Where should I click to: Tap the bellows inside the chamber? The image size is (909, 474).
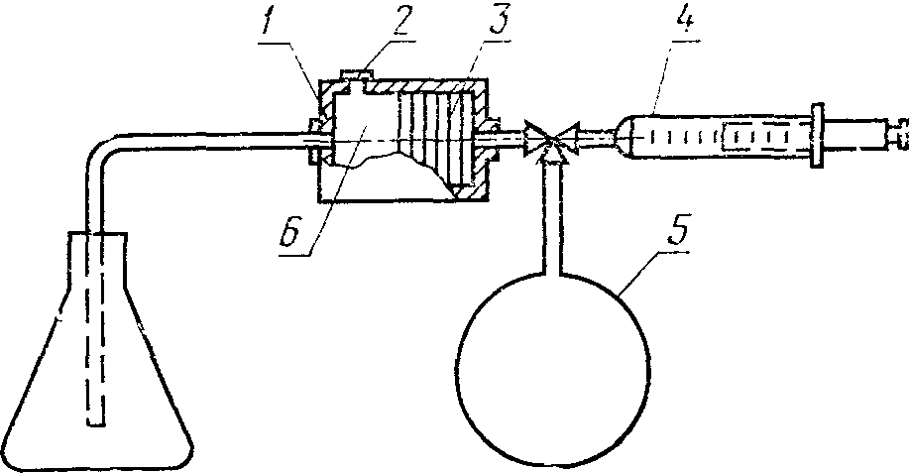pyautogui.click(x=432, y=139)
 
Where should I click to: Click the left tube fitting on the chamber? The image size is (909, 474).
pyautogui.click(x=314, y=140)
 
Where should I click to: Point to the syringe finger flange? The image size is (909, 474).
pyautogui.click(x=819, y=135)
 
